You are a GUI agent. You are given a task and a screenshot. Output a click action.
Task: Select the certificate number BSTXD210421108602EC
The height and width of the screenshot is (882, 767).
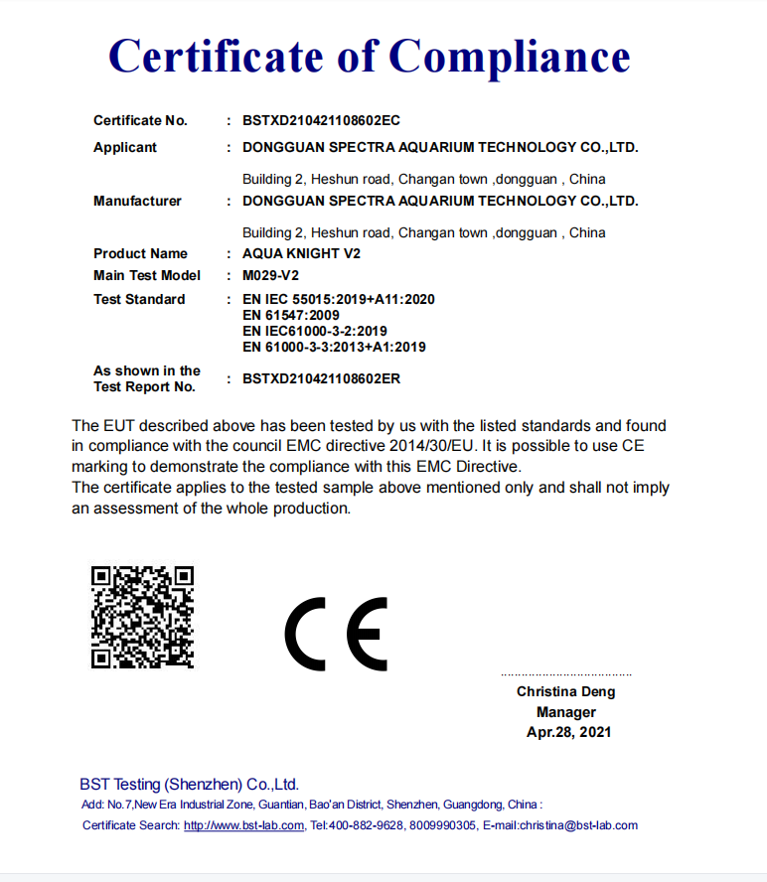[x=321, y=121]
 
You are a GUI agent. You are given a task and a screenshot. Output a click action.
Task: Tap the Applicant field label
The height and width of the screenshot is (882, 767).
[x=125, y=147]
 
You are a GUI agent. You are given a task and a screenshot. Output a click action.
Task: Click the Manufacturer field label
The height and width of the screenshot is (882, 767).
[x=137, y=201]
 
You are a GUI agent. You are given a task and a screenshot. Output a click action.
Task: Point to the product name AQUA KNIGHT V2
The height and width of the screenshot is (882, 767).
[x=301, y=253]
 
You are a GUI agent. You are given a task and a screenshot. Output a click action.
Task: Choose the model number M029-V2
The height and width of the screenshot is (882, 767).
[x=271, y=275]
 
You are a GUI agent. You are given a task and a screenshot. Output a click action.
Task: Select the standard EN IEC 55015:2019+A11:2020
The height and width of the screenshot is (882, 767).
[x=338, y=299]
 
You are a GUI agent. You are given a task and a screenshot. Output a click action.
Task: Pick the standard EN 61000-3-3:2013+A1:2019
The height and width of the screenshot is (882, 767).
[x=334, y=347]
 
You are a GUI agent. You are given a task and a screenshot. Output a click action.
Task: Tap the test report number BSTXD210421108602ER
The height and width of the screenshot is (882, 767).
[x=321, y=378]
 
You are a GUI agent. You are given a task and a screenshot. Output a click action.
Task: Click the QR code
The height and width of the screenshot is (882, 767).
[x=142, y=617]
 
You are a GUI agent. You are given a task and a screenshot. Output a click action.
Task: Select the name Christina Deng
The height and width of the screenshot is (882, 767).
[x=565, y=691]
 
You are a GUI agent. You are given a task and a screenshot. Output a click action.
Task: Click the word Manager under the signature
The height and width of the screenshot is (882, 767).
[x=566, y=712]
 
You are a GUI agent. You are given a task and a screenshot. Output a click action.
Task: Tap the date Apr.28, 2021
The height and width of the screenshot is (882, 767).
[x=568, y=732]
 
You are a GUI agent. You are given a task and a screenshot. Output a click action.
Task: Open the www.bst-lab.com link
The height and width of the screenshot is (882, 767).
[x=243, y=825]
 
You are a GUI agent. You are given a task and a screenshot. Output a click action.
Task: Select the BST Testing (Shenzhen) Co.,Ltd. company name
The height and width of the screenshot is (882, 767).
[x=189, y=785]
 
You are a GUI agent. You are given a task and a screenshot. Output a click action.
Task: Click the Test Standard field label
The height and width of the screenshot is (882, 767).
[x=139, y=299]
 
